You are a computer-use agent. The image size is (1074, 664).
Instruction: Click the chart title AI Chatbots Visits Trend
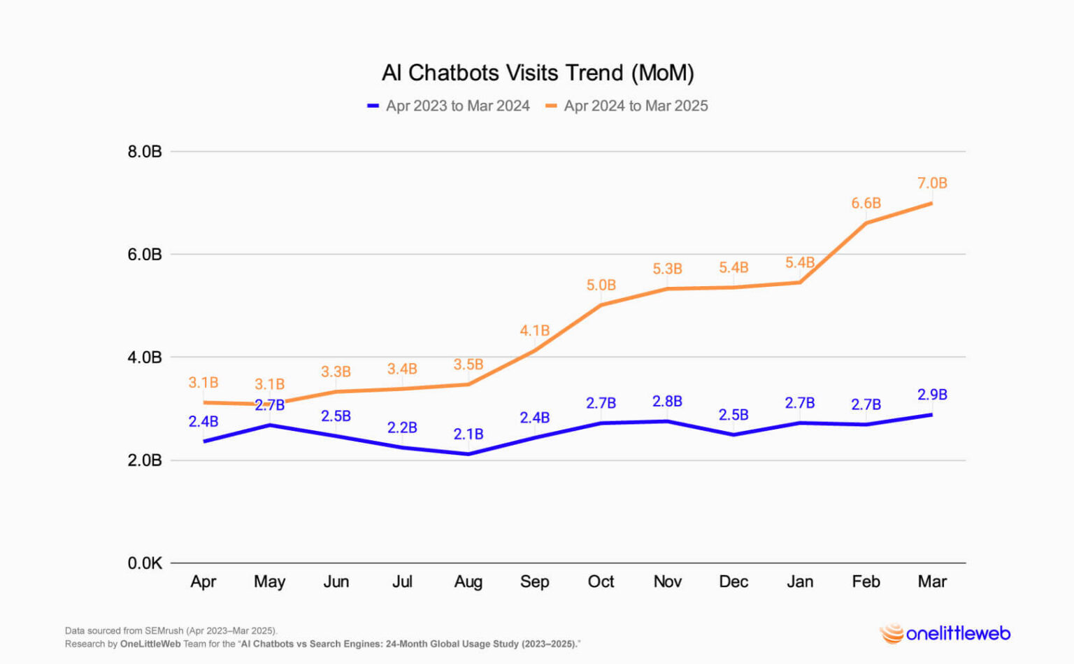coord(537,73)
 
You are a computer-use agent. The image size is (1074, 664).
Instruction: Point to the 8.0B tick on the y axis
coord(145,152)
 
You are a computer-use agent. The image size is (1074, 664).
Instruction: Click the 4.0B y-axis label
coord(145,358)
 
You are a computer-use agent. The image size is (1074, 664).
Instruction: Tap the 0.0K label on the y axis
coord(145,563)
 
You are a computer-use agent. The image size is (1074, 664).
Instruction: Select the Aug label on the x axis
coord(468,581)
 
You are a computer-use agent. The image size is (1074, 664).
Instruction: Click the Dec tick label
coord(733,581)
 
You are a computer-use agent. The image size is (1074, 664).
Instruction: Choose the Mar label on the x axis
coord(932,581)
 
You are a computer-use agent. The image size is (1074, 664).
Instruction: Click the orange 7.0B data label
coord(932,183)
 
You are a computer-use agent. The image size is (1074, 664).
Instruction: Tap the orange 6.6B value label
coord(866,204)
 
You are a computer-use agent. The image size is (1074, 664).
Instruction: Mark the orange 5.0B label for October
coord(601,285)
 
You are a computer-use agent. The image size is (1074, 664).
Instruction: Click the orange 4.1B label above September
coord(534,330)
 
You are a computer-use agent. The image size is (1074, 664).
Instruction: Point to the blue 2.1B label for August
coord(468,435)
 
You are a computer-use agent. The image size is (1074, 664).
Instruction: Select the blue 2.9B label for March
coord(932,395)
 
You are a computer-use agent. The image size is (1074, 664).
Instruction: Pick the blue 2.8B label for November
coord(667,402)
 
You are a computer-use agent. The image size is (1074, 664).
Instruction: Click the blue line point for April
coord(203,442)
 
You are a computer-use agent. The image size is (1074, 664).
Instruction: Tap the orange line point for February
coord(866,223)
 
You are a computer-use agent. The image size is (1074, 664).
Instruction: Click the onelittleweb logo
coord(945,633)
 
